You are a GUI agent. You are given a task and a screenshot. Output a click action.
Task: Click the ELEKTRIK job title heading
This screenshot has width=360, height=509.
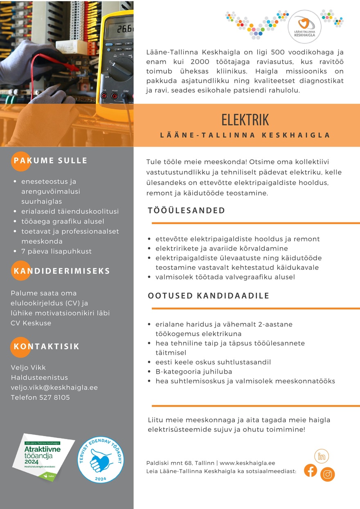pos(245,120)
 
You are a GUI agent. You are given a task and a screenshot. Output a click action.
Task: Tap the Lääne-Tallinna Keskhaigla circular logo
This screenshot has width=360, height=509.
pos(305,27)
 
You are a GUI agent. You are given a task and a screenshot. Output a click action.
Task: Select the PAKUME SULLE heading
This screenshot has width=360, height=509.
pos(51,160)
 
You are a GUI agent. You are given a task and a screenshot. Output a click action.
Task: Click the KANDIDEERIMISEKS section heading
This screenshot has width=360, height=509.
pos(62,271)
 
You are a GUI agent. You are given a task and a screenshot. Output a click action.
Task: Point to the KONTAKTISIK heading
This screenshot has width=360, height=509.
pos(47,346)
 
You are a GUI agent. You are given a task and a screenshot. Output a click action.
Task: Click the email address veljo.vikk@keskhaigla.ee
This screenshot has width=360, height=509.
pos(54,387)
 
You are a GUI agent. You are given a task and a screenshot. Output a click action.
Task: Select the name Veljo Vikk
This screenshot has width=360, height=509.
pos(28,367)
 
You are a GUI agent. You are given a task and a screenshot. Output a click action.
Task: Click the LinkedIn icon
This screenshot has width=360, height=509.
pos(322,456)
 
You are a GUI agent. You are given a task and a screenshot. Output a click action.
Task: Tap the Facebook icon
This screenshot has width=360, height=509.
pos(310,470)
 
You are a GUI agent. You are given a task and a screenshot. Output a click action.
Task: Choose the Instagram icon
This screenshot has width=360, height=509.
pos(328,474)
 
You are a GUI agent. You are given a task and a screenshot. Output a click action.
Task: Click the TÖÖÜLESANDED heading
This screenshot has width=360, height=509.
pos(187,211)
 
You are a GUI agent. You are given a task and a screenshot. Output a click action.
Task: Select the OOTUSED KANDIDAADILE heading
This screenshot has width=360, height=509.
pos(209,296)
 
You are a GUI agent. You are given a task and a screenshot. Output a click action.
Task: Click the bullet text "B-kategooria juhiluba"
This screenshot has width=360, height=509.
pos(193,372)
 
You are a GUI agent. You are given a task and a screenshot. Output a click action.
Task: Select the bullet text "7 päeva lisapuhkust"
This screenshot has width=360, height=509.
pos(56,251)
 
